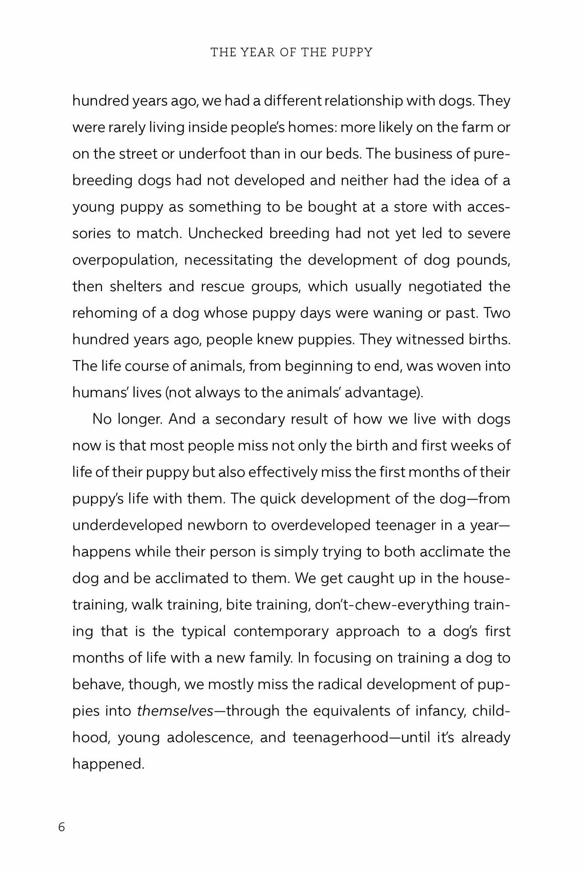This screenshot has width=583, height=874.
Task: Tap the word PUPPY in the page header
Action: point(352,52)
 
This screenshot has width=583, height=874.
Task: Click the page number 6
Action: point(61,827)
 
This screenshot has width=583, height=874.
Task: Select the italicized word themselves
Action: point(175,711)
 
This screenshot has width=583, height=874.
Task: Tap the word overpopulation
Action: point(124,260)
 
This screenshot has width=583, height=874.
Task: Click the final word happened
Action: point(108,764)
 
